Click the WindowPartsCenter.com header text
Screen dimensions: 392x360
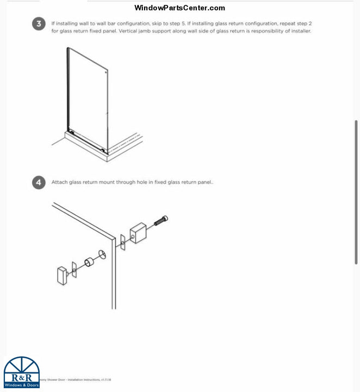(179, 8)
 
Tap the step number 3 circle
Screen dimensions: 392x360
(39, 24)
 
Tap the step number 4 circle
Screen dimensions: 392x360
(39, 182)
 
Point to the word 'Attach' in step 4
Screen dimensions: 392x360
(59, 182)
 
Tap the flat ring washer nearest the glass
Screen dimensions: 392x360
(102, 254)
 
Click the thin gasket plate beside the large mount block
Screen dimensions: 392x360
(123, 242)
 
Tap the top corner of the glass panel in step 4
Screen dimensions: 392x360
(115, 237)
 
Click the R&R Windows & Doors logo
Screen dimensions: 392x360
(22, 373)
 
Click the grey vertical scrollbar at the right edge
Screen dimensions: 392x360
(356, 191)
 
